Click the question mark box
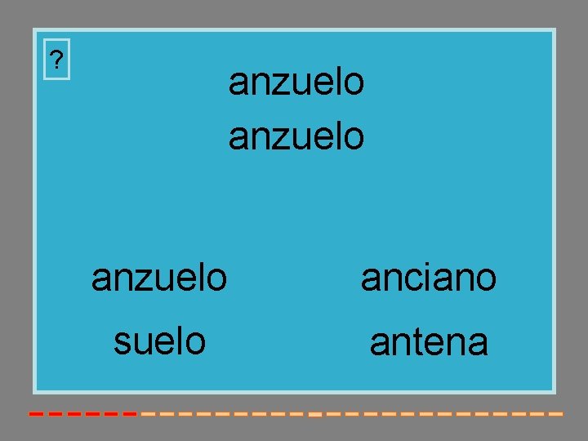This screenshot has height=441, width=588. [56, 60]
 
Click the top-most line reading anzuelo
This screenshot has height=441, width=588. [296, 82]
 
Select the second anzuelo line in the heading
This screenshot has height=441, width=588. [296, 136]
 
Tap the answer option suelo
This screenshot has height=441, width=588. [159, 341]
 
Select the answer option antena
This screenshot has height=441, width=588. [429, 342]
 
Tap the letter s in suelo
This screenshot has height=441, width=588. [122, 341]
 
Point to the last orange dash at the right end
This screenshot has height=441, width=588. [556, 414]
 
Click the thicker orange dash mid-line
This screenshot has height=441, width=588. [314, 415]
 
